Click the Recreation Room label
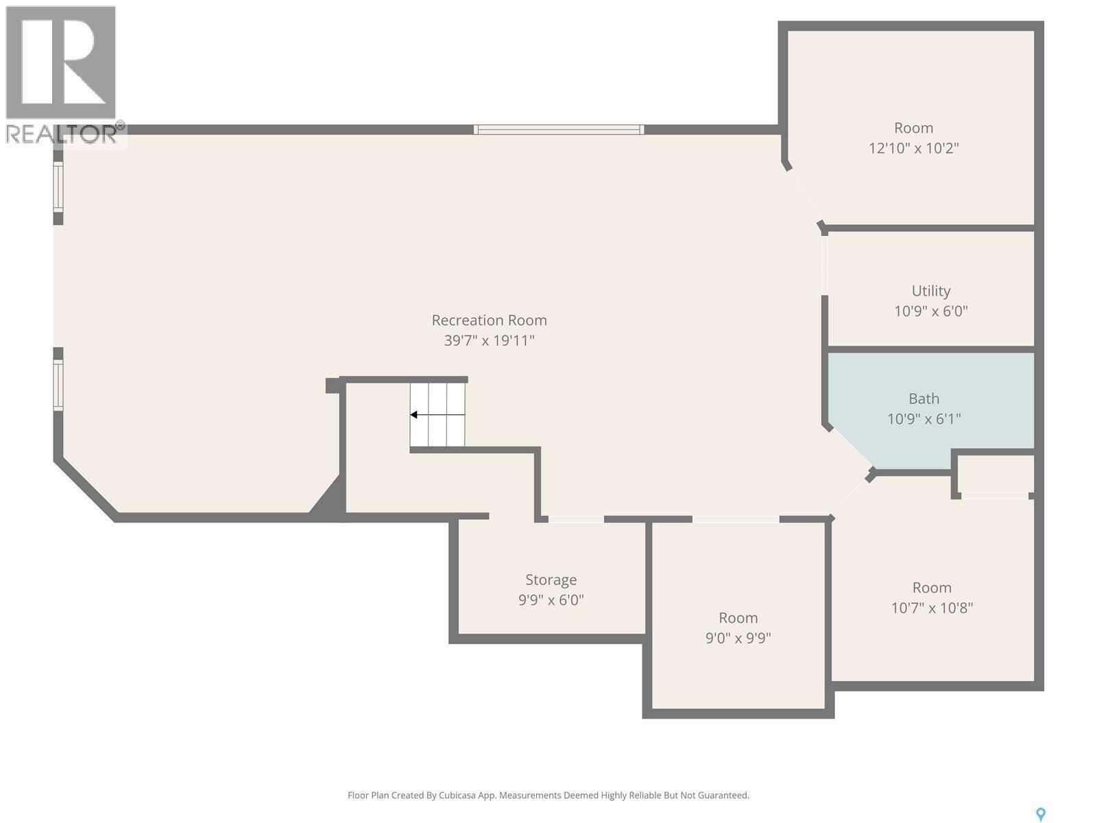pos(489,320)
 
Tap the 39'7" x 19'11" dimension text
pos(489,340)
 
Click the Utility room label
pos(930,291)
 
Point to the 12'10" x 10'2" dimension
pos(913,148)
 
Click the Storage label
pos(551,580)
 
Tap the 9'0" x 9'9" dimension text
pos(738,639)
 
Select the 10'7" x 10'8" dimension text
pos(931,608)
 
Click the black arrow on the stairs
pos(414,415)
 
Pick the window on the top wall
pos(558,130)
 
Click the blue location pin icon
pos(1040,814)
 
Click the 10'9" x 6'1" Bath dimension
pos(924,419)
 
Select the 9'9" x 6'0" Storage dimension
pos(551,600)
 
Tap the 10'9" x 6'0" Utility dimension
pos(930,311)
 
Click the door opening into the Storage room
pos(576,519)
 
